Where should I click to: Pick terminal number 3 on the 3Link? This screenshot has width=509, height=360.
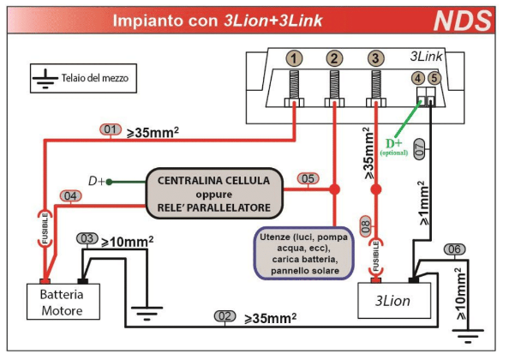pyautogui.click(x=375, y=59)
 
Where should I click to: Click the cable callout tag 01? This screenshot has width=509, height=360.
pyautogui.click(x=111, y=130)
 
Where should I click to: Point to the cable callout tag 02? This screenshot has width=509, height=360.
pyautogui.click(x=225, y=316)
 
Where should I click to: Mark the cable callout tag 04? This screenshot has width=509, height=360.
pyautogui.click(x=71, y=196)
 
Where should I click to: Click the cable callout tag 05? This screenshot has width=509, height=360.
pyautogui.click(x=308, y=179)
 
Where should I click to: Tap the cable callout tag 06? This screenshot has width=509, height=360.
pyautogui.click(x=454, y=249)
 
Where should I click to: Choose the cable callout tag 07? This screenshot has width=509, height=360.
pyautogui.click(x=418, y=150)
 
